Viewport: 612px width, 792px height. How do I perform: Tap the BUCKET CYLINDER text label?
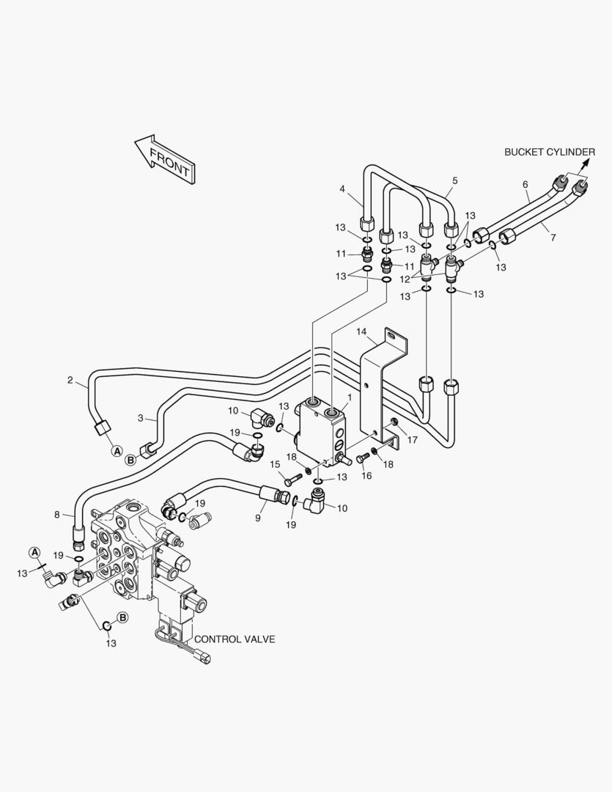point(550,152)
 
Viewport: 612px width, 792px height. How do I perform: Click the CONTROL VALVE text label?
point(235,639)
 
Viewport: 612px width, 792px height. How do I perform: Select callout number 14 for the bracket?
point(361,332)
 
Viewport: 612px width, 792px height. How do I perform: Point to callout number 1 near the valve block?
point(350,398)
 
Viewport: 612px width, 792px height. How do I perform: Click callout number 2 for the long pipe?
point(70,380)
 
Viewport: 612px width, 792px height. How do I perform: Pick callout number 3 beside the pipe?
point(141,418)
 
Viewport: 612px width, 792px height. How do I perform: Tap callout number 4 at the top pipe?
point(342,189)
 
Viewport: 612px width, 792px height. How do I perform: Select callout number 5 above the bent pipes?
point(455,180)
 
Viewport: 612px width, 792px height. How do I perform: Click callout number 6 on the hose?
point(526,184)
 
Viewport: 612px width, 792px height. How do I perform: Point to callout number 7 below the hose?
point(553,237)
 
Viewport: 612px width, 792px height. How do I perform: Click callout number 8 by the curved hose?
point(57,515)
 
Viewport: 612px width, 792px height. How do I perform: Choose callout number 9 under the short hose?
point(257,518)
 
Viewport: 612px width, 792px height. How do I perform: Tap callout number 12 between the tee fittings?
point(405,279)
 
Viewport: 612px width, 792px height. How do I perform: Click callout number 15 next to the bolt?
point(275,464)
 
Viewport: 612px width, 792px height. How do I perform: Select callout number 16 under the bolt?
point(366,475)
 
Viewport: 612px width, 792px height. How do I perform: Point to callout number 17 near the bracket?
point(412,439)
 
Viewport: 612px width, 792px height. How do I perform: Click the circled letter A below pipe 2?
point(117,450)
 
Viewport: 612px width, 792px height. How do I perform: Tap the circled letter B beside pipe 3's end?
point(130,460)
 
